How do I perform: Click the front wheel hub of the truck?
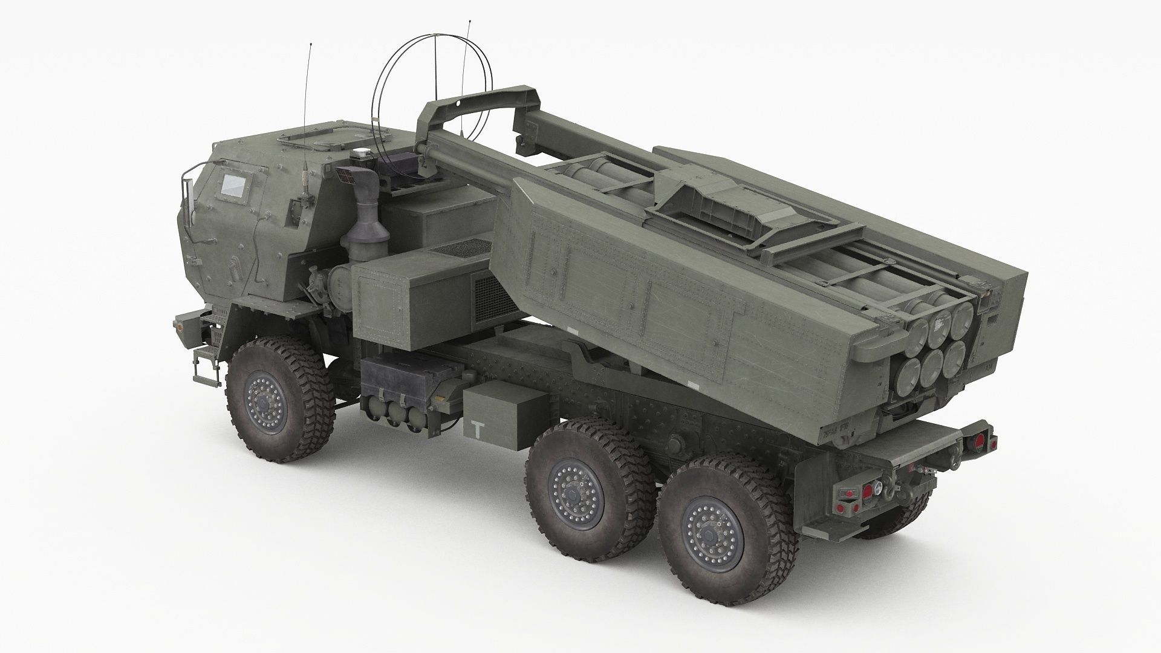click(x=265, y=401)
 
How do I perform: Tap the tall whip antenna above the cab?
click(x=310, y=91)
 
